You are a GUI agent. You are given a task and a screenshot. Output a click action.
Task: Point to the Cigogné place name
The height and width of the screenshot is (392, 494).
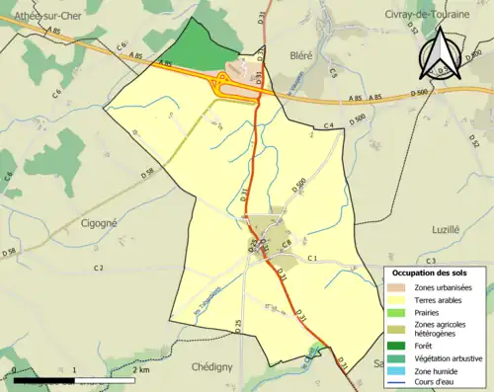tap(98, 223)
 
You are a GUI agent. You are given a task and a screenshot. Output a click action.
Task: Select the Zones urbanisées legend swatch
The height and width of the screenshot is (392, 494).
tap(398, 287)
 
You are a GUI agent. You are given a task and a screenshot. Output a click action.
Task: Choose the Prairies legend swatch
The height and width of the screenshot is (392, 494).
tap(398, 312)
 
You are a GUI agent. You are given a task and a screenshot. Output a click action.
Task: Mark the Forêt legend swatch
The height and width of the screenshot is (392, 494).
tap(398, 346)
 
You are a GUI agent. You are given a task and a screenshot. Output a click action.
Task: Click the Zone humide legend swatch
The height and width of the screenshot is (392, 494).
tap(398, 370)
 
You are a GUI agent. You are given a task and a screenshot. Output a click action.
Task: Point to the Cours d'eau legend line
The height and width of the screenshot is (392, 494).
tap(398, 382)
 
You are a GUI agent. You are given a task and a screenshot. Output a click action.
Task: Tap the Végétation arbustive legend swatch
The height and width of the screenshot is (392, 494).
tap(398, 357)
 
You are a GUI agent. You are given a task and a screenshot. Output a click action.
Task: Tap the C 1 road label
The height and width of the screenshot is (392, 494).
tap(310, 258)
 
